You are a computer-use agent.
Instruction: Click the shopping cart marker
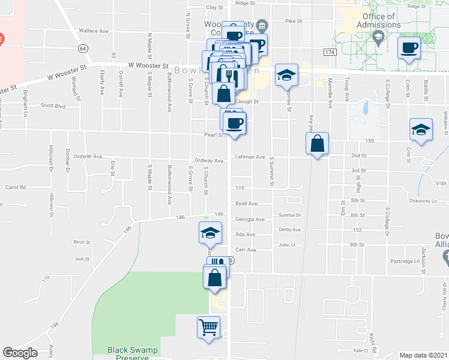pyautogui.click(x=208, y=328)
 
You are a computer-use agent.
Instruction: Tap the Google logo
pyautogui.click(x=20, y=353)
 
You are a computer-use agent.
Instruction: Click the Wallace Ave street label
pyautogui.click(x=93, y=31)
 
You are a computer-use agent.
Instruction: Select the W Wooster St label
pyautogui.click(x=148, y=65)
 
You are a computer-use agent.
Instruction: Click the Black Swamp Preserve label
pyautogui.click(x=127, y=353)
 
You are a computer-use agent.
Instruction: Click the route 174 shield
pyautogui.click(x=329, y=53)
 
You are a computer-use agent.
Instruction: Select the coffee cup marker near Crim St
pyautogui.click(x=409, y=48)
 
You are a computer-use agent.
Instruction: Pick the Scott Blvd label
pyautogui.click(x=52, y=105)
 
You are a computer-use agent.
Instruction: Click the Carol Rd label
pyautogui.click(x=16, y=187)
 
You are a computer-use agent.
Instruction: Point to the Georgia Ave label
pyautogui.click(x=250, y=219)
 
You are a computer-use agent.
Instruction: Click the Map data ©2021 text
pyautogui.click(x=423, y=355)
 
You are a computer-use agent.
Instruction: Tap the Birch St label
pyautogui.click(x=81, y=242)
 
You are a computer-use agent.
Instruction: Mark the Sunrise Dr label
pyautogui.click(x=289, y=215)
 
